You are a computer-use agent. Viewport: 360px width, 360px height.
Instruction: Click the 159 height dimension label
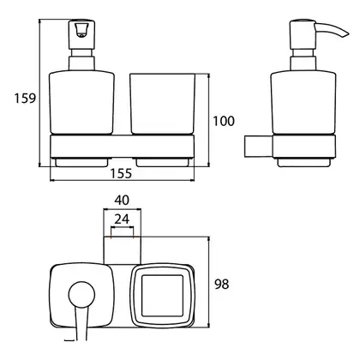pos(25,99)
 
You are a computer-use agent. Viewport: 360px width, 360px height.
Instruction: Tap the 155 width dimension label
pos(121,173)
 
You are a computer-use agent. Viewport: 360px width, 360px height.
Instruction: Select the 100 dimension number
pos(224,121)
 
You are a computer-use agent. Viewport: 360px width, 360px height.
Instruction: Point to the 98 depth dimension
pos(222,284)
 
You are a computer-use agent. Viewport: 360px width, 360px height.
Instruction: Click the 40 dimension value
pos(122,200)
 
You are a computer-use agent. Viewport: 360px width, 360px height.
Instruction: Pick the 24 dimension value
pos(122,219)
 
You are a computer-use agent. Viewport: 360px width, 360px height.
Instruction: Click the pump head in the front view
pos(81,34)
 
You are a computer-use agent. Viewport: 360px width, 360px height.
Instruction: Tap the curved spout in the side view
pos(333,30)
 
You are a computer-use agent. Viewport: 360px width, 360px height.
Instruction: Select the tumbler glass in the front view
pos(163,104)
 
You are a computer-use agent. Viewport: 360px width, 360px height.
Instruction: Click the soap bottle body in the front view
pos(81,103)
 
